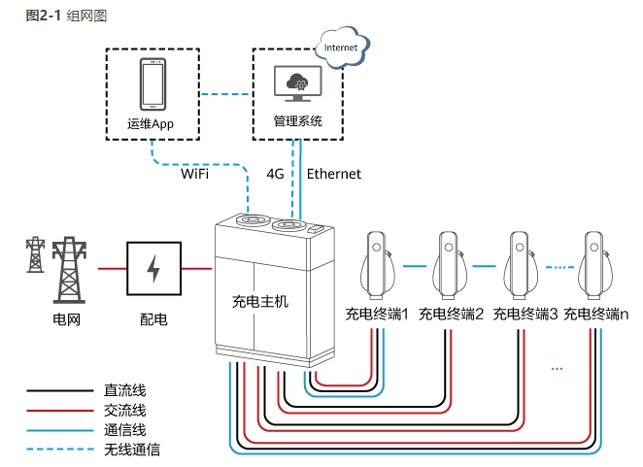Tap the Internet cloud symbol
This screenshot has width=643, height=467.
[x=340, y=49]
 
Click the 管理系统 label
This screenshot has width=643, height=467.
[x=297, y=122]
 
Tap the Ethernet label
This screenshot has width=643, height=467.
[x=334, y=174]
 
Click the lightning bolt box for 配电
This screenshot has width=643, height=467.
[x=153, y=267]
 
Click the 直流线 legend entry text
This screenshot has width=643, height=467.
[x=124, y=390]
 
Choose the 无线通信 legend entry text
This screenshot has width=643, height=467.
[x=131, y=450]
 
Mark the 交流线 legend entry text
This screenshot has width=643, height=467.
[x=124, y=410]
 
